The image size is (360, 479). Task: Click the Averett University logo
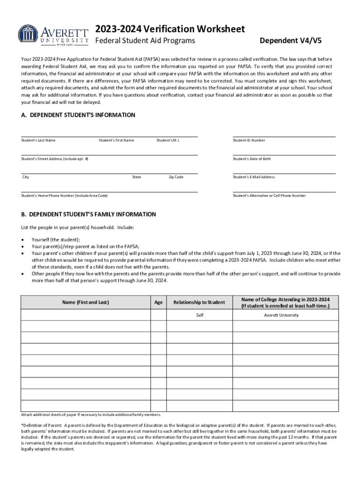(x=53, y=35)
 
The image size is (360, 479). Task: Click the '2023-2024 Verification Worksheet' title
(x=170, y=29)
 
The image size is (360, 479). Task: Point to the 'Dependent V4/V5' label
(x=290, y=41)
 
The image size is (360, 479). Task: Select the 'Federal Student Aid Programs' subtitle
(x=145, y=41)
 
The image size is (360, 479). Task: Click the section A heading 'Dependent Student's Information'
(x=78, y=115)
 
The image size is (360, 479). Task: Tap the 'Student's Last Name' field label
(x=38, y=140)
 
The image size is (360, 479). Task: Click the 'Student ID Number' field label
(x=249, y=140)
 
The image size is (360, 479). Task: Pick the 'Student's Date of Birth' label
(x=252, y=159)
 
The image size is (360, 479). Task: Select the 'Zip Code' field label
(x=176, y=177)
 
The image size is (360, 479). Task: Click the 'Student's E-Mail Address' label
(x=253, y=177)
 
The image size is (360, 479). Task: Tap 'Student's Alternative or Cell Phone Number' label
(x=269, y=196)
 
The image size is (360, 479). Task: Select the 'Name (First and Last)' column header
(x=86, y=302)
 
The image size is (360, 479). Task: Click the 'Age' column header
(x=158, y=302)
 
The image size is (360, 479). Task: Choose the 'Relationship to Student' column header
(x=199, y=302)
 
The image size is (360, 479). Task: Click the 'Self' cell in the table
(x=200, y=315)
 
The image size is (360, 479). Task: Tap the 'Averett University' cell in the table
(x=281, y=315)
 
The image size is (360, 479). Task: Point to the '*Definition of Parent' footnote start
(x=42, y=425)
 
